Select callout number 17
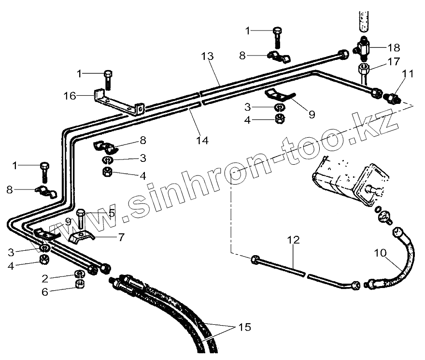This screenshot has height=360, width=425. pos(394,62)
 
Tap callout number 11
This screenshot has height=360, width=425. pos(408,74)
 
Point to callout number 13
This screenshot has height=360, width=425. pos(207,57)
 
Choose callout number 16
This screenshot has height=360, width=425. pos(70,96)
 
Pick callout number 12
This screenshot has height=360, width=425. pos(294,240)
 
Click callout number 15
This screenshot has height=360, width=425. pos(245,327)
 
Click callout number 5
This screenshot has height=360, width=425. pos(112,212)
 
